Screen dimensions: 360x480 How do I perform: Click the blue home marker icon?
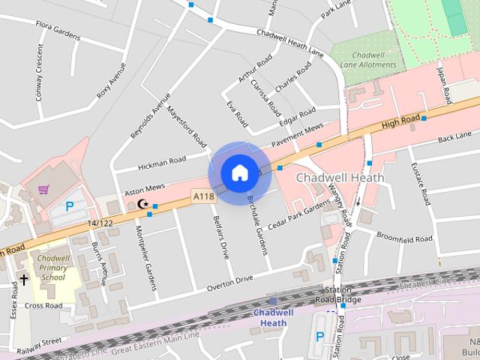click(238, 173)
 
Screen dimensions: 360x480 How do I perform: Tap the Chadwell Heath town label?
click(340, 178)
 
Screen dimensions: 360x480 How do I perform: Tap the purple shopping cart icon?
click(43, 189)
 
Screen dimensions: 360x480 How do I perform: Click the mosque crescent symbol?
click(142, 204)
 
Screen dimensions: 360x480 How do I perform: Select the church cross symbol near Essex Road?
click(24, 280)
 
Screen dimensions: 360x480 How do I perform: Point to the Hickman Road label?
click(162, 161)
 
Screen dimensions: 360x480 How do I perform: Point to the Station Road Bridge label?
click(338, 295)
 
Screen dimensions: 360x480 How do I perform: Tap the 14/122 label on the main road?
click(99, 223)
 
